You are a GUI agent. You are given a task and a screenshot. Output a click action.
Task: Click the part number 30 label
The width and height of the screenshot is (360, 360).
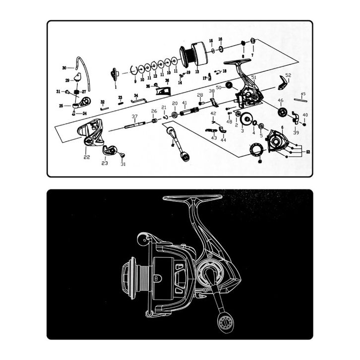(x=64, y=67)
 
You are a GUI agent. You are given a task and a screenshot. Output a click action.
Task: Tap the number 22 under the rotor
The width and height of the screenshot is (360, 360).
(x=87, y=157)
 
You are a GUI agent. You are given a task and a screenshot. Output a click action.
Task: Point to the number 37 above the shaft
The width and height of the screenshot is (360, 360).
(x=134, y=117)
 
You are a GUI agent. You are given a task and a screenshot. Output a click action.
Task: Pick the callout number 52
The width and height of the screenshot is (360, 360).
(x=288, y=75)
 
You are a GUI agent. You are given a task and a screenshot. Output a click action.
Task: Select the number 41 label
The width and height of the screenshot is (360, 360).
(x=184, y=103)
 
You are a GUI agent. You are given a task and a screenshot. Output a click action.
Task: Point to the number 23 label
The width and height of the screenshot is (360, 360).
(x=105, y=163)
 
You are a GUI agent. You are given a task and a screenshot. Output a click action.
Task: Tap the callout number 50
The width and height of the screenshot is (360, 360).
(x=218, y=87)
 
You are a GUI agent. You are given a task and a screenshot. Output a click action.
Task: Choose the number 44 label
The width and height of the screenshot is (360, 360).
(x=223, y=140)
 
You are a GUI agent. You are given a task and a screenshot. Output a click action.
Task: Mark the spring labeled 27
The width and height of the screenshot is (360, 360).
(x=77, y=92)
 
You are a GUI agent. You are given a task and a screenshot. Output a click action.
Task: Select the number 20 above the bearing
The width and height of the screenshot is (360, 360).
(x=175, y=103)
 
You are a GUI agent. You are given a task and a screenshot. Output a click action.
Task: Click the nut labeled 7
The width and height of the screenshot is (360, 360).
(x=252, y=40)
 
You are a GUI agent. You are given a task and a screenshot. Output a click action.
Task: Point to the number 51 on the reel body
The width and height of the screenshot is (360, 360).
(x=253, y=77)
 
